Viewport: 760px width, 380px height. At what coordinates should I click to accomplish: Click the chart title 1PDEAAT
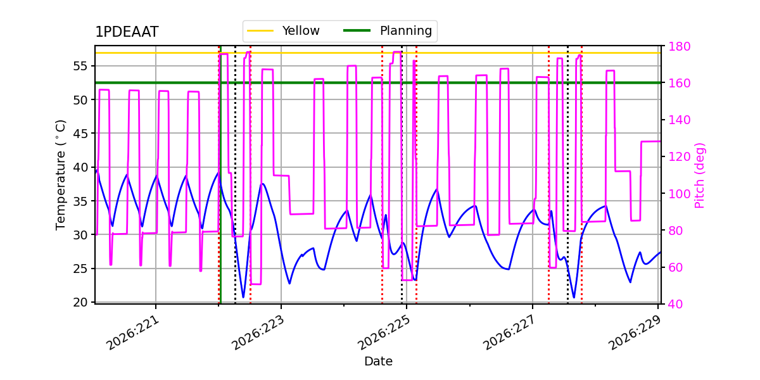[127, 32]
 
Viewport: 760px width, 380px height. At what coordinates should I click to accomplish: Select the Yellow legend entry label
[301, 30]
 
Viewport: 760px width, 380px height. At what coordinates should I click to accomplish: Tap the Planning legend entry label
[406, 30]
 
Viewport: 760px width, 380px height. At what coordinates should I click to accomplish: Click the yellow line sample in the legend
[260, 30]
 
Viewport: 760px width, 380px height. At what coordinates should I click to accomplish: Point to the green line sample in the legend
[357, 30]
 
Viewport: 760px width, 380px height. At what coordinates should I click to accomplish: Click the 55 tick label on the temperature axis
[80, 66]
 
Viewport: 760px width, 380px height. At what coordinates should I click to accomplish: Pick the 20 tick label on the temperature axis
[80, 302]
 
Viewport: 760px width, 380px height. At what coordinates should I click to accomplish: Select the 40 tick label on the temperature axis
[80, 167]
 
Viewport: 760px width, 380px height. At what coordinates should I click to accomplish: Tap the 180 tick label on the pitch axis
[679, 46]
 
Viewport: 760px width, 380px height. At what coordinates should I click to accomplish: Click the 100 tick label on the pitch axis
[679, 194]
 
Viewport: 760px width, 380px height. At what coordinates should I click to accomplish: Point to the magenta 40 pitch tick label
[676, 305]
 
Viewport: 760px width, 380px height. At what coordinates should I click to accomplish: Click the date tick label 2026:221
[132, 333]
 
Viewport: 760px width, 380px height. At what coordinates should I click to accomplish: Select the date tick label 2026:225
[384, 333]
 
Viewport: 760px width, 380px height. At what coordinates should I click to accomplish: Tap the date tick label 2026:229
[635, 333]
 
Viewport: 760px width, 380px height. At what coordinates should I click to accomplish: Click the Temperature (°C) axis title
[60, 175]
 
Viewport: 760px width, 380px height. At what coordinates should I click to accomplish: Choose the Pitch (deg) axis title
[700, 175]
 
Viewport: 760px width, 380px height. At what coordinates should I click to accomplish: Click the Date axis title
[378, 362]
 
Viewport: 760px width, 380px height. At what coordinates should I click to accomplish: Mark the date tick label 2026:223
[258, 333]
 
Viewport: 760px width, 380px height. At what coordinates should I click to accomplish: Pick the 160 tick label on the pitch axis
[679, 83]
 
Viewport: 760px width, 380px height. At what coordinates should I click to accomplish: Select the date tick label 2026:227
[510, 333]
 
